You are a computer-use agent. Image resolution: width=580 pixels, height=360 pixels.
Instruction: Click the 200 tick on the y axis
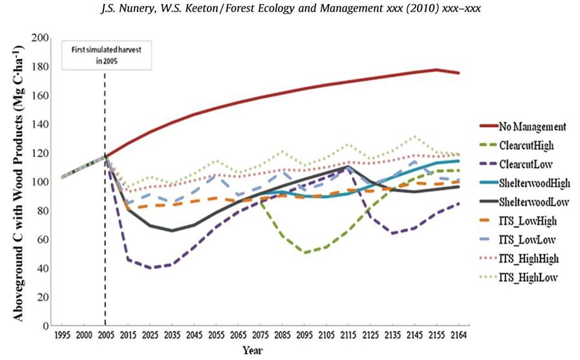pyautogui.click(x=41, y=38)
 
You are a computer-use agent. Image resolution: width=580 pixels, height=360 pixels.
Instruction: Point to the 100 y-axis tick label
pyautogui.click(x=41, y=182)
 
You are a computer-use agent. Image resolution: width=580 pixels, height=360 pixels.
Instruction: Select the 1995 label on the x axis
pyautogui.click(x=63, y=337)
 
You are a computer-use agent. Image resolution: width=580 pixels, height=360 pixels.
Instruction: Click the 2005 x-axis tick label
pyautogui.click(x=105, y=337)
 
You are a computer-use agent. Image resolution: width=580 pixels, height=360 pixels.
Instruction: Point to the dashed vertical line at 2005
pyautogui.click(x=105, y=194)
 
